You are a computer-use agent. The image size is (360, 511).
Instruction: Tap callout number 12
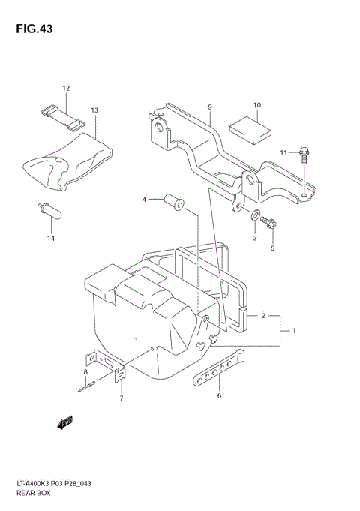click(66, 89)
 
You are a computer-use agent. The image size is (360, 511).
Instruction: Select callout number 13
click(94, 110)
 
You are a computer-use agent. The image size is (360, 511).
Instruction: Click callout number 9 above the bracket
click(211, 107)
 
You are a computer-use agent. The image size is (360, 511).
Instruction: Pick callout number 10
click(256, 105)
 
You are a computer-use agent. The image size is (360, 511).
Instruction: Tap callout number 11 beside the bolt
click(283, 153)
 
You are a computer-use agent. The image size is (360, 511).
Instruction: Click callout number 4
click(145, 199)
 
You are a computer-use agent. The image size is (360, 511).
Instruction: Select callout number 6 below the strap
click(219, 395)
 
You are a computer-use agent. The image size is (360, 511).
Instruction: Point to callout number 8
click(85, 372)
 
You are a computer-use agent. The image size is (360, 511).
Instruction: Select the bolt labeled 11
click(304, 155)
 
